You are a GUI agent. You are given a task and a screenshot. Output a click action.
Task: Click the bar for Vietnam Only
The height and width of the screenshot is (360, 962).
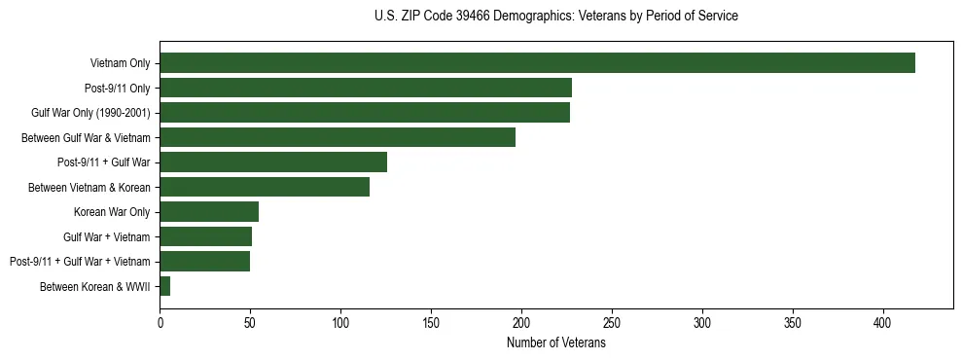tap(537, 63)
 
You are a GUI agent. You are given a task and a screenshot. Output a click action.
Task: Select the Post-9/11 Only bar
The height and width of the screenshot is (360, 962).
tap(366, 88)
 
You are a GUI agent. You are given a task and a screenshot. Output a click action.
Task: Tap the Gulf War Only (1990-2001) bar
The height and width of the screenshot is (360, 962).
tap(365, 113)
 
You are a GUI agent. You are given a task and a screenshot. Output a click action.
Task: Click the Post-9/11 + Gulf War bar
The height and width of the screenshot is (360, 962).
tap(273, 162)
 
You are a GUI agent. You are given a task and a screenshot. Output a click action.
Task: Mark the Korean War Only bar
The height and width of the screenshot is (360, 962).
tap(209, 211)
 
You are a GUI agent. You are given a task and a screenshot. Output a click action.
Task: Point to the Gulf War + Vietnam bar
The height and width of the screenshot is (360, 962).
tap(205, 236)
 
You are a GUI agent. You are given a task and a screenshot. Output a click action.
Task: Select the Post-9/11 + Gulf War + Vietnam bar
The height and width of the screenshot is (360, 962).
tap(204, 261)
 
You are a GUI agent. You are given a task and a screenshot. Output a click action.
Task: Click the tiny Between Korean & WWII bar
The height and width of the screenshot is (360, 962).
tap(165, 286)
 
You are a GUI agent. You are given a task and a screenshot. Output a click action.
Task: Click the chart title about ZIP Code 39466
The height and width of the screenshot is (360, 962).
tap(555, 16)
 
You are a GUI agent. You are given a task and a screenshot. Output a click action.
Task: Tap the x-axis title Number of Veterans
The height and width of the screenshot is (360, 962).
tap(555, 343)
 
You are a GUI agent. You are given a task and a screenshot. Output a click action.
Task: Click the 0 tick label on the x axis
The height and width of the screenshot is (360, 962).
tap(160, 322)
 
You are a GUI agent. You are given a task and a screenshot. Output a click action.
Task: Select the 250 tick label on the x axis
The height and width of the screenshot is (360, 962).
tap(612, 322)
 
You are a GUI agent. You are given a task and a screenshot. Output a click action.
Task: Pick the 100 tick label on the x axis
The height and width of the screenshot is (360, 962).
tap(340, 322)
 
